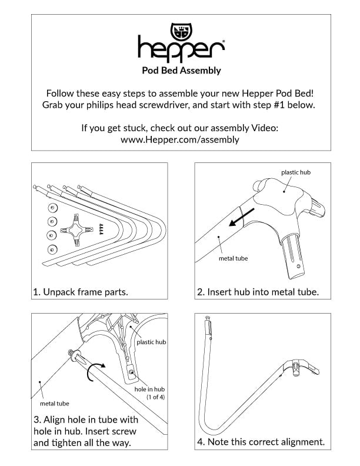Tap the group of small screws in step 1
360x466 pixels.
point(101,229)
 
